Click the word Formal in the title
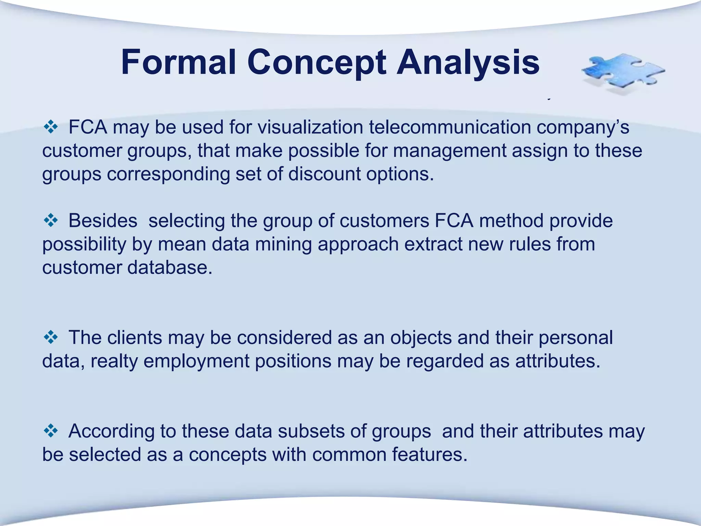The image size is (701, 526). click(178, 62)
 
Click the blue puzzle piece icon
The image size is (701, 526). click(623, 73)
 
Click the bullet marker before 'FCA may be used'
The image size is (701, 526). click(51, 127)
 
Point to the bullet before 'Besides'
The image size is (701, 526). click(51, 221)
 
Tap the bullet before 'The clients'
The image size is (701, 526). click(51, 338)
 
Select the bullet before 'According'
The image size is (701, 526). click(51, 431)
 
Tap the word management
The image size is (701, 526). click(449, 151)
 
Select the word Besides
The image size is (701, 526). click(103, 221)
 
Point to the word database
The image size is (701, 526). click(170, 267)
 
